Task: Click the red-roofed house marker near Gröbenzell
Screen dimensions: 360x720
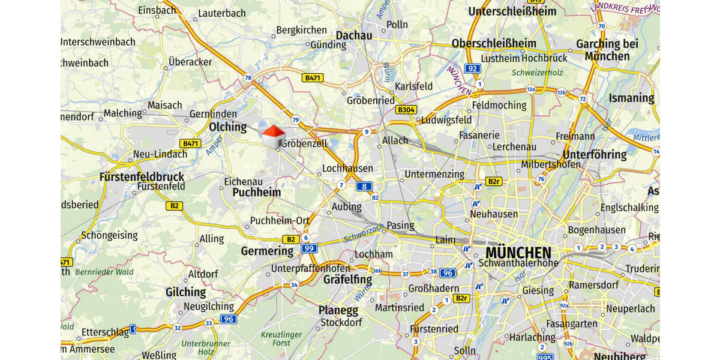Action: coord(273,137)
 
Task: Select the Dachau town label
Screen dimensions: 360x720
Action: coord(354,35)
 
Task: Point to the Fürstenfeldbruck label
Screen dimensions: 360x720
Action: coord(142,177)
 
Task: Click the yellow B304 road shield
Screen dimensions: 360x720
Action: coord(406,110)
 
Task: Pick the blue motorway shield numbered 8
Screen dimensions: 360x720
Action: coord(364,187)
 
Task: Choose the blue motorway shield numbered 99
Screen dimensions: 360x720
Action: coord(308,248)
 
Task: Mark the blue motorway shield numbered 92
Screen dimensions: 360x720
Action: coord(473,68)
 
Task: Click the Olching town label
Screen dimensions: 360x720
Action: coord(227,127)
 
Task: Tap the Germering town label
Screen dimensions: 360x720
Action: coord(267,251)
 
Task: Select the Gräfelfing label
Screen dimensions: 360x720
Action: coord(347,280)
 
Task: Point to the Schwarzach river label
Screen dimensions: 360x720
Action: coord(364,233)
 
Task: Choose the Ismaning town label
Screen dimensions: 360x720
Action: coord(631,98)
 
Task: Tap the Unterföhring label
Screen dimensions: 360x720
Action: coord(595,155)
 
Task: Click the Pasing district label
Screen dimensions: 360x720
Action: coord(400,226)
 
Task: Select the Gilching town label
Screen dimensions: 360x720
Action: coord(185,292)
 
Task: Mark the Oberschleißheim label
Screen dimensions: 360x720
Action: coord(494,43)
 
